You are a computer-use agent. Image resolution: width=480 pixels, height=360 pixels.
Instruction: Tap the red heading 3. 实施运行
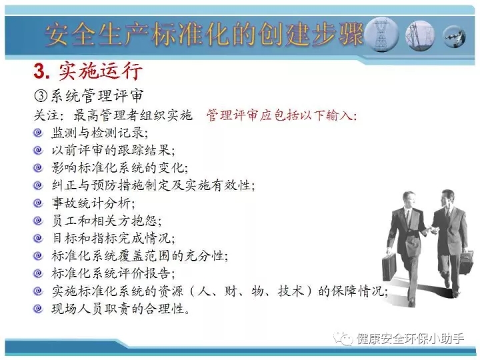point(88,71)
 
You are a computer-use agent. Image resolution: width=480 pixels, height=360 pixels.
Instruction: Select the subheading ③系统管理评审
point(88,96)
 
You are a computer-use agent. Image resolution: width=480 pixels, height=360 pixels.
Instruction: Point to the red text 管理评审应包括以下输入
point(281,115)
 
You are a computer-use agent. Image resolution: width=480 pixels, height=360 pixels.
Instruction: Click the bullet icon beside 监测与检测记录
point(38,133)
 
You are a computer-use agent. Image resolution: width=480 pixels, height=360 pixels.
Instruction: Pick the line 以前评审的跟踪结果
point(113,150)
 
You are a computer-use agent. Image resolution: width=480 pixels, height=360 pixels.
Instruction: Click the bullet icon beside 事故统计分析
point(38,203)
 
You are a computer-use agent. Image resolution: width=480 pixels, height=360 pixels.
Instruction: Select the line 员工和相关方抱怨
point(107,221)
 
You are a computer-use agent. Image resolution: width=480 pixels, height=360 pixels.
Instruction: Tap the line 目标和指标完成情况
point(113,238)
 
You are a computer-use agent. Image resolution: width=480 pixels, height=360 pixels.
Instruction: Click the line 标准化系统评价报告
point(113,273)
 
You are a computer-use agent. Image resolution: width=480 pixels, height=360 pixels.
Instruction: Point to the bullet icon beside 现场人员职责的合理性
point(38,308)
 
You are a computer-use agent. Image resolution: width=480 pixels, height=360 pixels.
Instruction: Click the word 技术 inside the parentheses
point(291,291)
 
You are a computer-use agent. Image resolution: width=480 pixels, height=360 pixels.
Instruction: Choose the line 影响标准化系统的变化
point(120,168)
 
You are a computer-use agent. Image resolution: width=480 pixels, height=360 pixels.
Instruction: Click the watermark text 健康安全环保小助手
point(410,339)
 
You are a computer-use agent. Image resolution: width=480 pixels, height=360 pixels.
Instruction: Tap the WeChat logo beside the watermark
point(343,339)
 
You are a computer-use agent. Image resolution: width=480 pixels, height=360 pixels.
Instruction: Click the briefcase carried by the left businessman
point(389,267)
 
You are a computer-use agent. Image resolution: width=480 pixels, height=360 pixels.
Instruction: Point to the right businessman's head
point(448,198)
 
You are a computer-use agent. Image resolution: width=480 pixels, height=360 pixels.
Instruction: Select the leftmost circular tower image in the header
point(381,34)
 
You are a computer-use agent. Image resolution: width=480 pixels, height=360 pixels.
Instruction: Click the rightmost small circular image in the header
point(454,36)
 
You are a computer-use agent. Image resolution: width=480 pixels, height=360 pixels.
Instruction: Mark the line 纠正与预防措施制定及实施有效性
point(153,185)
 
